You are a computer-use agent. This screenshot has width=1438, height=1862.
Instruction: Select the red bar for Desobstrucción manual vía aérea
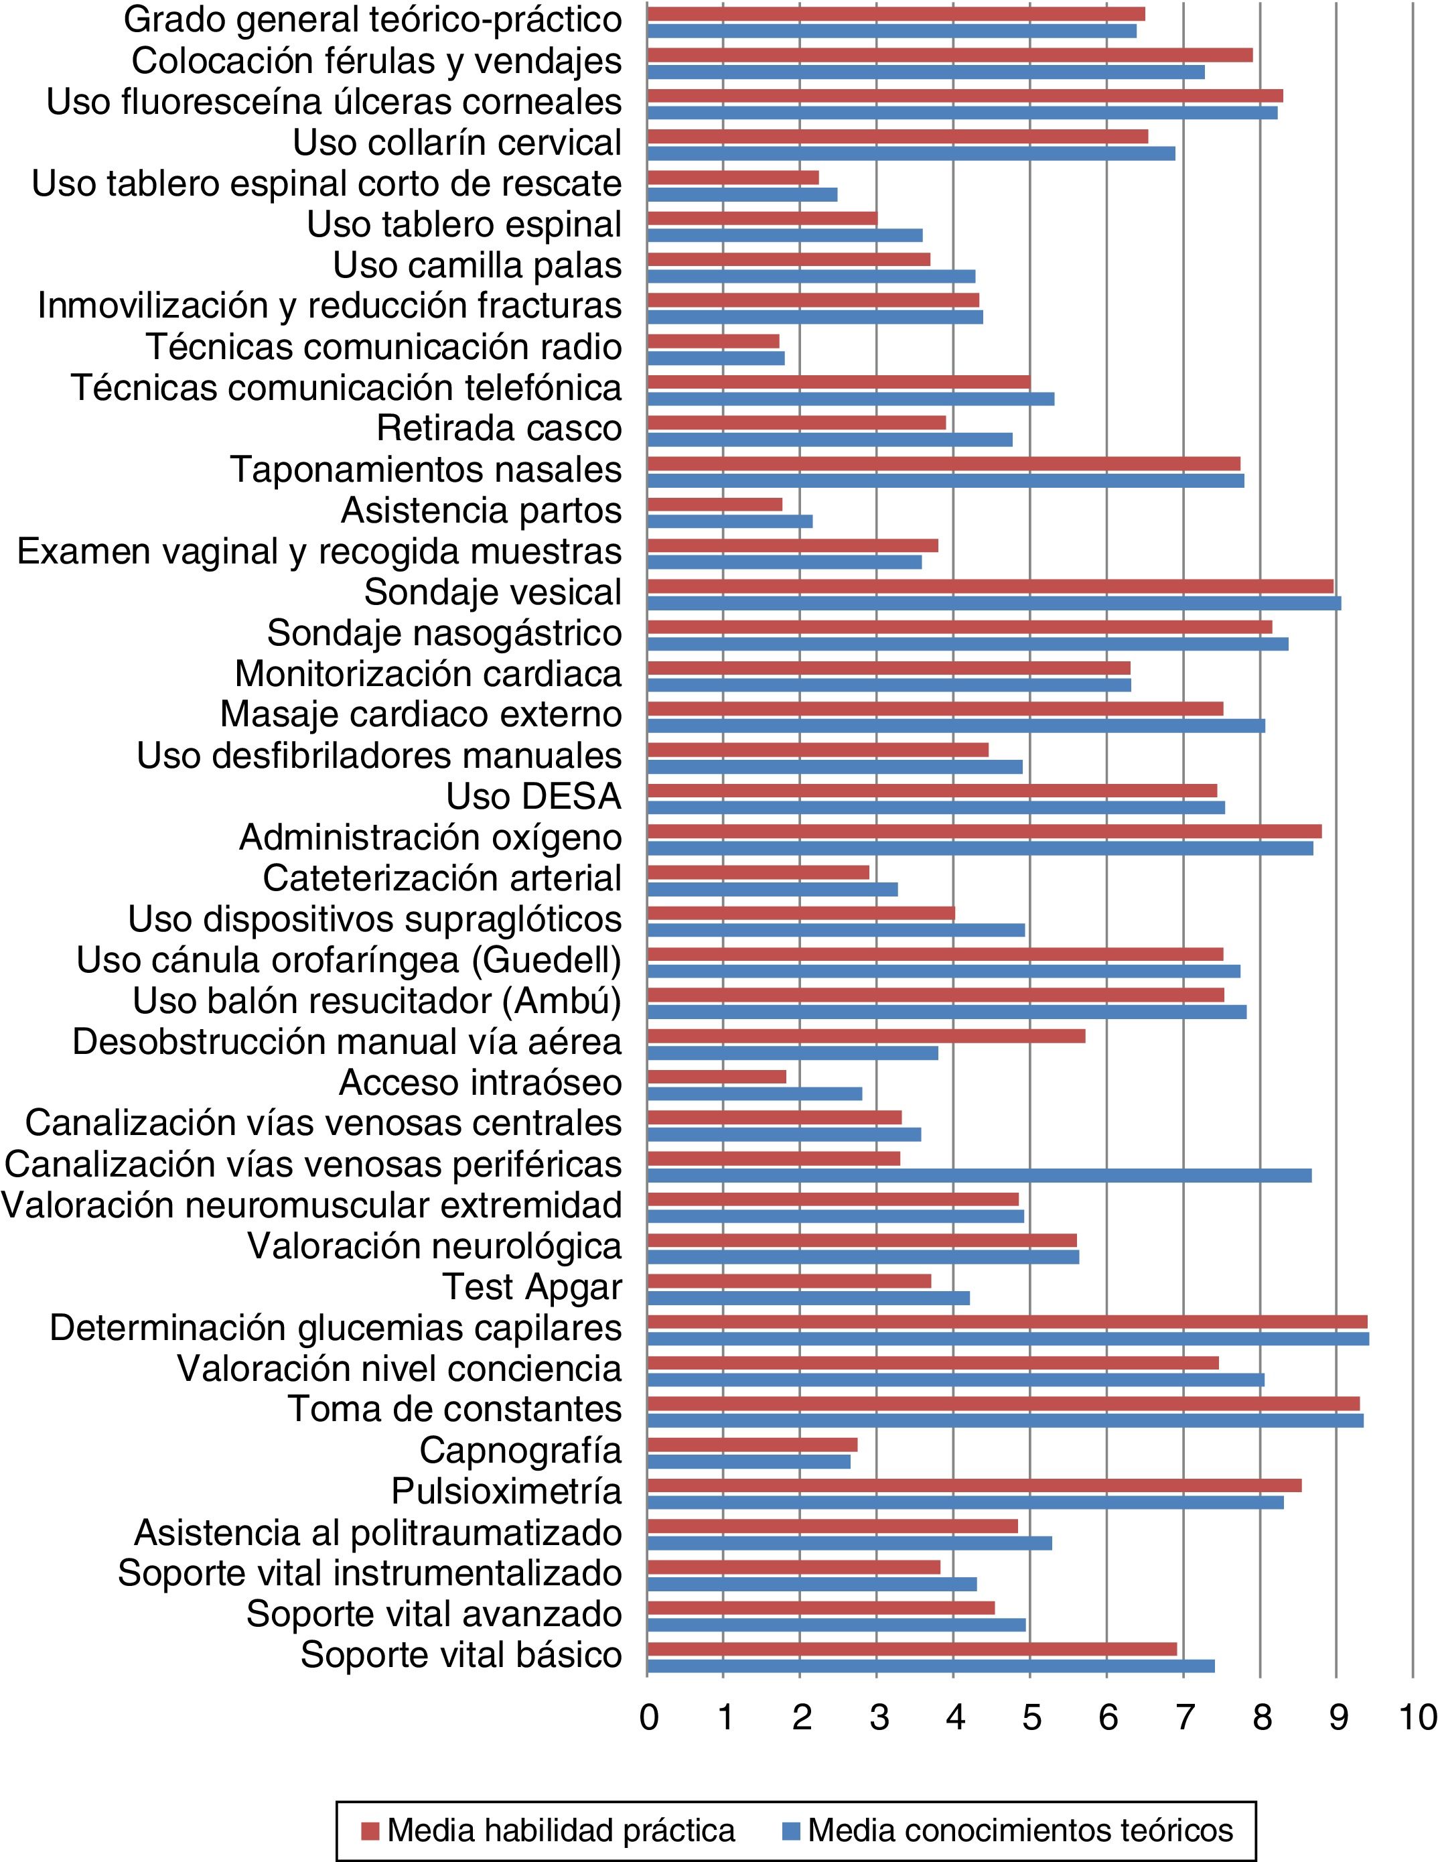pos(866,1036)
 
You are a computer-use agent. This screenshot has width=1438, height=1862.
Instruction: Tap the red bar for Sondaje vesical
pos(990,586)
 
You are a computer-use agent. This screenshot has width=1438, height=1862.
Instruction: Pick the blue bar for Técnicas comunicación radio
pos(716,358)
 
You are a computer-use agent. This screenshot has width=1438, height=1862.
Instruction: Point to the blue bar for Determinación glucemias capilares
pos(1007,1339)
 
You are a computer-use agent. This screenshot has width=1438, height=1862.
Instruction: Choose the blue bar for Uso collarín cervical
pos(910,153)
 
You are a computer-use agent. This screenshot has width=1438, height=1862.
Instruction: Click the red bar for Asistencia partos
pos(715,504)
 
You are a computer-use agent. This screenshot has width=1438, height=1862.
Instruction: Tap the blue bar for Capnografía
pos(748,1461)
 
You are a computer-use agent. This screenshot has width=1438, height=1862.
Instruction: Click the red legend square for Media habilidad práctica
pos(369,1831)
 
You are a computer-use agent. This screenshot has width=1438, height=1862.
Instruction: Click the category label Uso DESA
pos(534,796)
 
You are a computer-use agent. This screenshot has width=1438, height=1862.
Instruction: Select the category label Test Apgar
pos(532,1287)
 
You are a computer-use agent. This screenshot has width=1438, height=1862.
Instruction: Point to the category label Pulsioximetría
pos(506,1491)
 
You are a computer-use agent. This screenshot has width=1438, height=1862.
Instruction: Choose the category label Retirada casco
pos(499,428)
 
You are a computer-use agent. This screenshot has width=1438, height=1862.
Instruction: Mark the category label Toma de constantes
pos(454,1409)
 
